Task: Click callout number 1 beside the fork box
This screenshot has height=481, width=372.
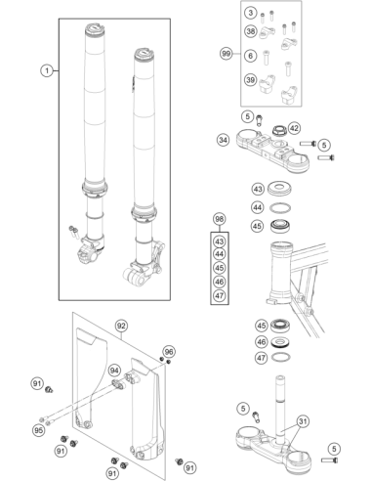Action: (x=47, y=70)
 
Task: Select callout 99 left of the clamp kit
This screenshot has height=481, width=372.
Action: (x=226, y=54)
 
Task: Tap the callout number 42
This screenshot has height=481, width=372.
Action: (x=294, y=128)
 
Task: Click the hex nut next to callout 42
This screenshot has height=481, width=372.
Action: (x=279, y=131)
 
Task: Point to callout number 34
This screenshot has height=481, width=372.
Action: (x=223, y=140)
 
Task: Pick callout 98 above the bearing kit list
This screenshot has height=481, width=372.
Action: (x=220, y=219)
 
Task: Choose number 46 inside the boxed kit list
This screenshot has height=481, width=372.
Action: (x=220, y=282)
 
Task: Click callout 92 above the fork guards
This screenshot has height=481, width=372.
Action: (x=121, y=326)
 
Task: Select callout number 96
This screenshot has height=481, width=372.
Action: (x=169, y=352)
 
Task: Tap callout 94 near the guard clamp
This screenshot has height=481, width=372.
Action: (x=114, y=371)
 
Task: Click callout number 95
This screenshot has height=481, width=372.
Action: (x=39, y=430)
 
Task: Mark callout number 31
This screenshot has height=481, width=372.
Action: (x=303, y=421)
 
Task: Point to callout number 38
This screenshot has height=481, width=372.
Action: (x=251, y=31)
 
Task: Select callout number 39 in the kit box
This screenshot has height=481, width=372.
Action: (x=251, y=79)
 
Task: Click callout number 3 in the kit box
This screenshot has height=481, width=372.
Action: (x=250, y=13)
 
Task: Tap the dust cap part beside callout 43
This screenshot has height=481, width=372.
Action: (x=279, y=189)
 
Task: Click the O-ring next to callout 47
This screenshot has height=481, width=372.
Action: (x=279, y=357)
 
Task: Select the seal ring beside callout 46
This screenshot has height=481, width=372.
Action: (x=279, y=342)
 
